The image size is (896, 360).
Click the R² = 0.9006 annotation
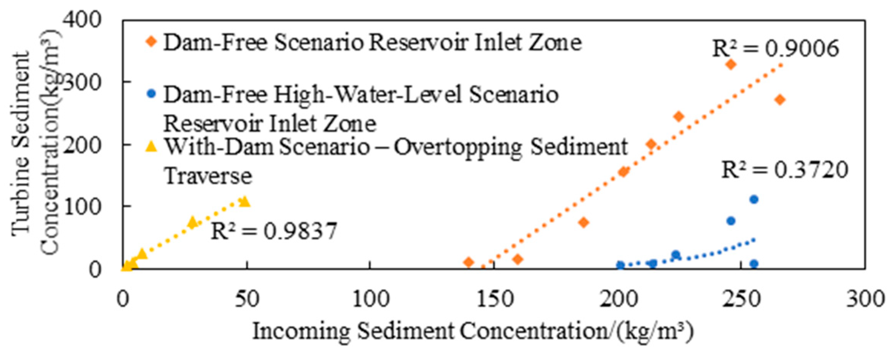pos(775,49)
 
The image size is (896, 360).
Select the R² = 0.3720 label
pos(784,170)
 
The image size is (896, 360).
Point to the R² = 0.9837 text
pos(274,231)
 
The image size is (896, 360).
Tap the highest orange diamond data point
pos(731,64)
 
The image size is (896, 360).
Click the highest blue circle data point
pos(754,199)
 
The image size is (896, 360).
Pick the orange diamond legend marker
pos(152,41)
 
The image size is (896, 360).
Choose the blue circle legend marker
pos(152,94)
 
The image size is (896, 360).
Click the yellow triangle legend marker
pos(152,146)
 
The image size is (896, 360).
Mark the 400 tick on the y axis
pos(82,19)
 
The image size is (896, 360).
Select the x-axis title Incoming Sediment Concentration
pos(473,331)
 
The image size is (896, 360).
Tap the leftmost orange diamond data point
pos(468,262)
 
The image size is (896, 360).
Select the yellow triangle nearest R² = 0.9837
pos(192,222)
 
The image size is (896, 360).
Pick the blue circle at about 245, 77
pos(731,221)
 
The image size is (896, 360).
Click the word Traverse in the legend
pos(208,176)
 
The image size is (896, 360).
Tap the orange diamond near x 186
pos(583,222)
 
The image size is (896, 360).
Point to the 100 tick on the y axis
pos(82,206)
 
